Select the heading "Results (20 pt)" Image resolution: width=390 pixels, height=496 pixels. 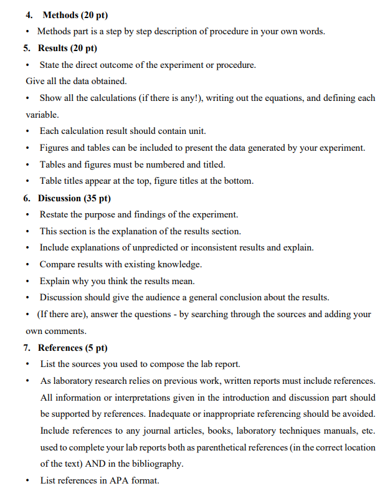(x=67, y=48)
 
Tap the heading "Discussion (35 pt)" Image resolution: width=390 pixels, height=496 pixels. (x=74, y=198)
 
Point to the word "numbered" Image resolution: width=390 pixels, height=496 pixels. (x=160, y=165)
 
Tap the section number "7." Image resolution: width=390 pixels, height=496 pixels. (x=30, y=348)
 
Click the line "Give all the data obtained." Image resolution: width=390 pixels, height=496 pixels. (x=76, y=81)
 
